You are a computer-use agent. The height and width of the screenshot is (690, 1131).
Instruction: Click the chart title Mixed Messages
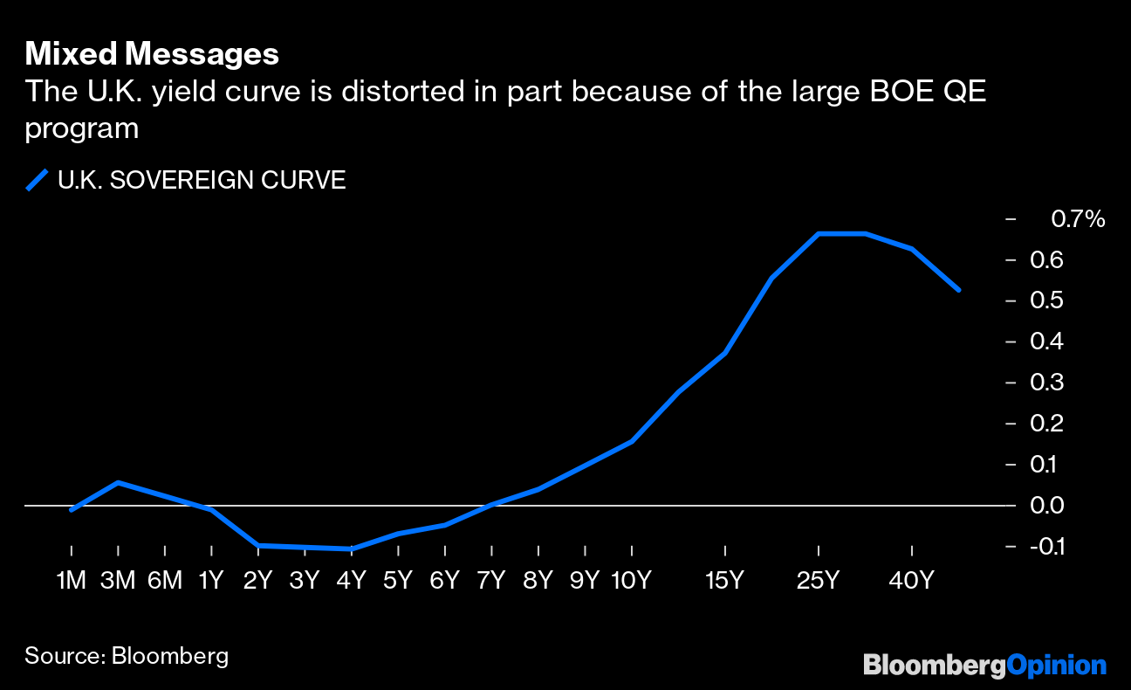(x=152, y=54)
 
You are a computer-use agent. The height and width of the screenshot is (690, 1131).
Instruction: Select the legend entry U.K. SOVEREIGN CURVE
(x=202, y=181)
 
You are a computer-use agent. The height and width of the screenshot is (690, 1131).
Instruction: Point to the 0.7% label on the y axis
(x=1078, y=219)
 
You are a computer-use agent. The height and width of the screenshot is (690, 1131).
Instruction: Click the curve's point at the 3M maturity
(x=118, y=482)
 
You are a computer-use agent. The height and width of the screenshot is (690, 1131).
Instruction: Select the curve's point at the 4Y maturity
(x=351, y=549)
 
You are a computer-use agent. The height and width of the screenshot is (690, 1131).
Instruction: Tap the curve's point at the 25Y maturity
(x=819, y=233)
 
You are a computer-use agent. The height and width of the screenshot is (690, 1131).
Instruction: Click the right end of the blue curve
(x=959, y=290)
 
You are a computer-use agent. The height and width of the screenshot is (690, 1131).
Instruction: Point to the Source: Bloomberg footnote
(x=127, y=656)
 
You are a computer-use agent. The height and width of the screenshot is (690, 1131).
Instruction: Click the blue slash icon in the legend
(x=37, y=181)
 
